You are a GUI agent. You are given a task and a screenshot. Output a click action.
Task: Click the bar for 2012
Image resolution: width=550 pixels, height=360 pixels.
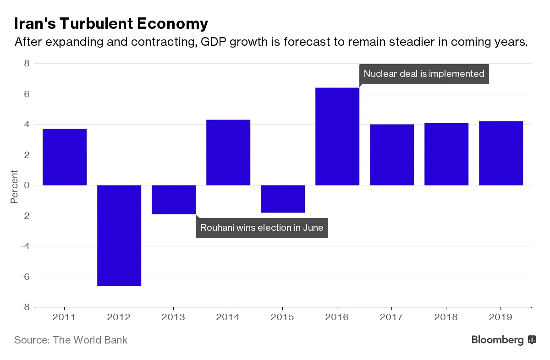tap(119, 235)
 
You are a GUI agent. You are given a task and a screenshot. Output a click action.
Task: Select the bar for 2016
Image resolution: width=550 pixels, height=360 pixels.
tap(337, 136)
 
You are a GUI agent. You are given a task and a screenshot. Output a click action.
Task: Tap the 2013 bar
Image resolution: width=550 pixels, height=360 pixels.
tap(174, 199)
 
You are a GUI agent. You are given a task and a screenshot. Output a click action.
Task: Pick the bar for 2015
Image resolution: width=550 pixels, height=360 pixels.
tap(283, 199)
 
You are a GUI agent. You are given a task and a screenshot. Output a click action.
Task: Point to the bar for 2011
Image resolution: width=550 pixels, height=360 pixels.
tap(65, 157)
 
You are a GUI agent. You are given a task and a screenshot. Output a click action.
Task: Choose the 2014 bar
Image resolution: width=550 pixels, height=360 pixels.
tap(228, 153)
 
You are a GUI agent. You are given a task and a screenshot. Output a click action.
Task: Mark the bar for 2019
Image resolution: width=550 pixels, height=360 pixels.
tap(501, 153)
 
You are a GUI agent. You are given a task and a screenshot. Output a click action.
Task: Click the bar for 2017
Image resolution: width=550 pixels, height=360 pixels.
tap(392, 155)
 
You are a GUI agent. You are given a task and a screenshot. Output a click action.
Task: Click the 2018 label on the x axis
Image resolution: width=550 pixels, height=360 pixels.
tap(446, 316)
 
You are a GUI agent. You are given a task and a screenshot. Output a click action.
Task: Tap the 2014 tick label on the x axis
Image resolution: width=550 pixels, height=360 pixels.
tap(228, 316)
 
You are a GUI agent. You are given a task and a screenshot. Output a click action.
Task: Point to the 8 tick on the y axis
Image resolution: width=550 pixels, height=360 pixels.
tap(27, 64)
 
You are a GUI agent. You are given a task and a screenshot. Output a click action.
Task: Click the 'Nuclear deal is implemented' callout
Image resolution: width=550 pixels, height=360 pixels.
tap(424, 74)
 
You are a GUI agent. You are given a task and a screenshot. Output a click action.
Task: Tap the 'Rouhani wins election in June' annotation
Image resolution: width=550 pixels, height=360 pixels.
tap(262, 228)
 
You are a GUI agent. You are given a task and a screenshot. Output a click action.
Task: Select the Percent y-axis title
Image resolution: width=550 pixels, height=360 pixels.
tap(15, 186)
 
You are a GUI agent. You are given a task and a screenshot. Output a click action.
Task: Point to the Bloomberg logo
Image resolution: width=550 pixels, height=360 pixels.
tap(503, 340)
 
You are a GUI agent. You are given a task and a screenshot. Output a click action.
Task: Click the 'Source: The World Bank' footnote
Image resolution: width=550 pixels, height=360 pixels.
tap(71, 340)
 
